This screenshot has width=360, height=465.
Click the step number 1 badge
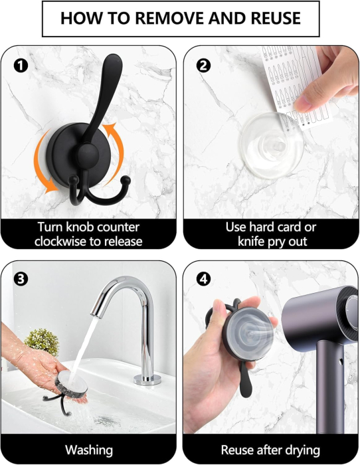pyautogui.click(x=21, y=66)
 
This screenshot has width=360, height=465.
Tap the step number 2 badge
pyautogui.click(x=203, y=66)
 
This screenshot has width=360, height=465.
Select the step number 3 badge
pyautogui.click(x=21, y=279)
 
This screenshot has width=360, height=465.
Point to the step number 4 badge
pyautogui.click(x=203, y=279)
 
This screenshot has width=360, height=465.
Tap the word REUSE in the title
pyautogui.click(x=276, y=18)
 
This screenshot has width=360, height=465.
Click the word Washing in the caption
pyautogui.click(x=89, y=450)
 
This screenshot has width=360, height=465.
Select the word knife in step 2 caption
pyautogui.click(x=251, y=241)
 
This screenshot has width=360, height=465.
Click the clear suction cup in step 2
pyautogui.click(x=272, y=145)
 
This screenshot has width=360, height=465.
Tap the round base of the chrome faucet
pyautogui.click(x=147, y=379)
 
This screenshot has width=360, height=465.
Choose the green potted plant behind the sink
pyautogui.click(x=42, y=341)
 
